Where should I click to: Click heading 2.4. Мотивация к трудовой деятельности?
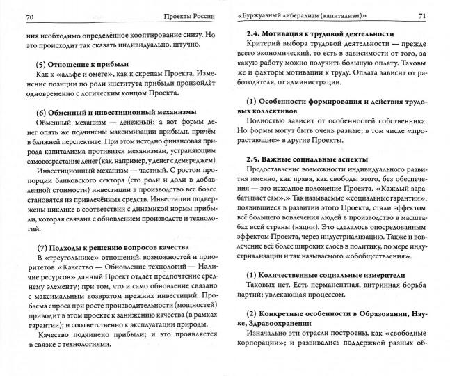[x=313, y=34]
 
